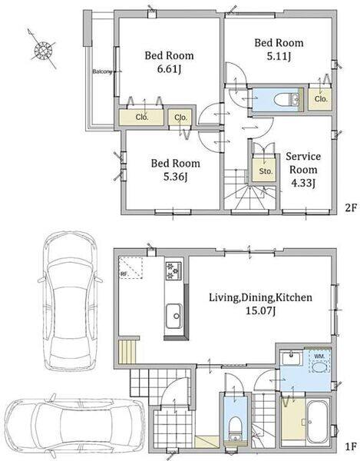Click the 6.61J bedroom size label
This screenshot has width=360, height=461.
169,69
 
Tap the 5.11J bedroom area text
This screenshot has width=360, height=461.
279,56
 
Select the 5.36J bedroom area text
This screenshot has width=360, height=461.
176,177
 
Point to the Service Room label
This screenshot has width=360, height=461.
303,163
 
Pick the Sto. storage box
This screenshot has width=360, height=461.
265,171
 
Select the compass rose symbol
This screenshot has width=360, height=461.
43,50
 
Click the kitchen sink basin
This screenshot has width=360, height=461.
174,316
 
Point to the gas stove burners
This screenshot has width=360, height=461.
173,270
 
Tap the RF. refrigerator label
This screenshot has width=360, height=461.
124,274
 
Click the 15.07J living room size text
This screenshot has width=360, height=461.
260,310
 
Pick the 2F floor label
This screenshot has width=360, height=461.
351,208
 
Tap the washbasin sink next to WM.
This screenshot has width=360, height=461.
292,358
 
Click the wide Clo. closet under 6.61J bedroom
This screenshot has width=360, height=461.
141,118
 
